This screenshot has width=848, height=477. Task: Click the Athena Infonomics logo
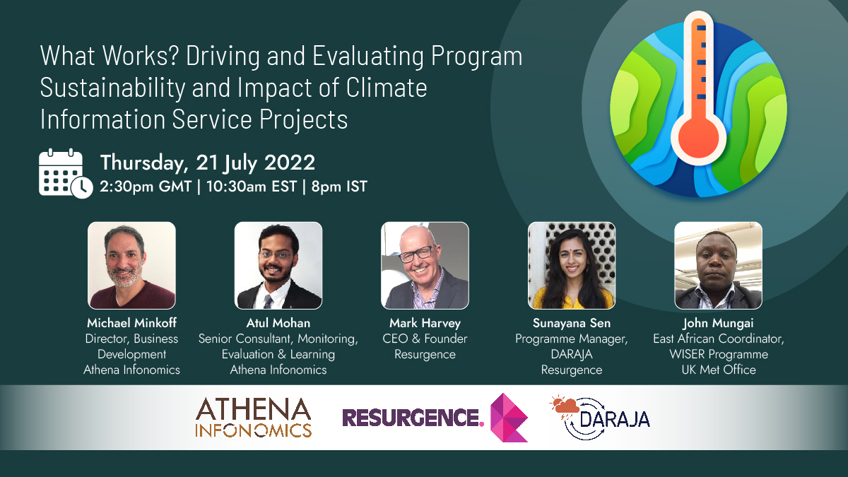[x=253, y=418]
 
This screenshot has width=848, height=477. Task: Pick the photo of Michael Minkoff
[x=131, y=266]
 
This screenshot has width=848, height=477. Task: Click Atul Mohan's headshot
[x=278, y=266]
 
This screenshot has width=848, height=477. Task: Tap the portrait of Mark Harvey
[x=425, y=266]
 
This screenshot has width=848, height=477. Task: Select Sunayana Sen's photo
[x=572, y=266]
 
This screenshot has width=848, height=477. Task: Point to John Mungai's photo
[x=718, y=266]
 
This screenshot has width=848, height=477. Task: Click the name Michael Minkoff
[x=131, y=324]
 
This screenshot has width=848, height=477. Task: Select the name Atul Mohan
[x=278, y=324]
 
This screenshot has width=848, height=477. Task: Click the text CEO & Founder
[x=425, y=339]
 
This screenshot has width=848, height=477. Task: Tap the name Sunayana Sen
[x=572, y=324]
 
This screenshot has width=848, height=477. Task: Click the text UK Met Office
[x=718, y=370]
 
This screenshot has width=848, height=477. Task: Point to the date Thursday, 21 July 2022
[x=207, y=163]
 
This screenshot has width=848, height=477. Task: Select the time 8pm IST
[x=339, y=187]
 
